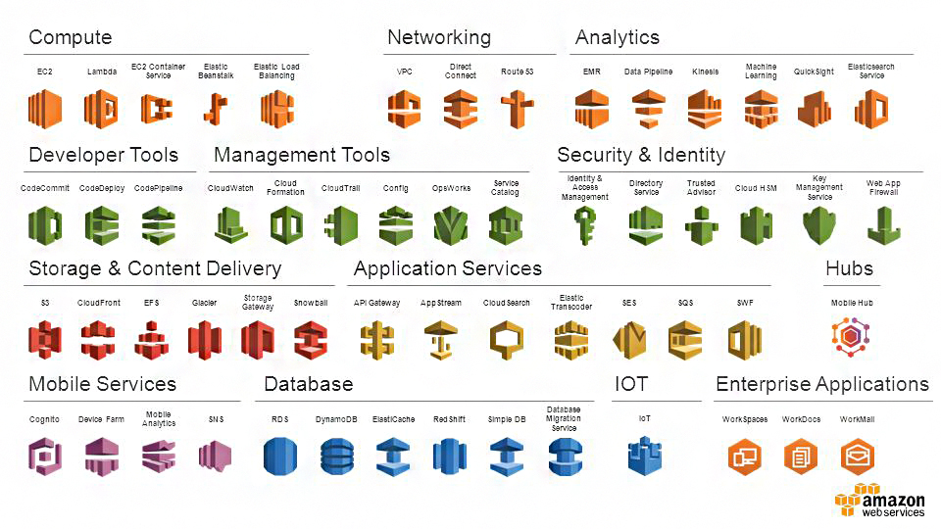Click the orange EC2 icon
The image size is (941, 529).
click(x=45, y=109)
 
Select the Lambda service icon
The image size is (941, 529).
click(x=101, y=109)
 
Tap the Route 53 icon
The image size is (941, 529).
click(x=517, y=109)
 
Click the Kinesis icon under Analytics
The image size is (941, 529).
click(x=704, y=109)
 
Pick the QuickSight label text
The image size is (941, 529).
click(x=814, y=72)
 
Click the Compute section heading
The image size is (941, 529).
click(x=70, y=38)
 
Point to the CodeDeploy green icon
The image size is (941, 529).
click(x=102, y=225)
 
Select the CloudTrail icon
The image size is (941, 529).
click(x=341, y=225)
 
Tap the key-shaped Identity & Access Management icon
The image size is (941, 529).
click(x=585, y=225)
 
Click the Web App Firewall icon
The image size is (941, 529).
click(x=883, y=225)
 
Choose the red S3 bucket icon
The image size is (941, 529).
click(x=45, y=340)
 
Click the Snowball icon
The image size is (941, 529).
click(x=311, y=340)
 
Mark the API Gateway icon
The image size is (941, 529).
click(x=376, y=340)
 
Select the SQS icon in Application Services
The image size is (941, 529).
click(x=684, y=340)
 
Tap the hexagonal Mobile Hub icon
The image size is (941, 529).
click(x=851, y=336)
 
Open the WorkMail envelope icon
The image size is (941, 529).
click(x=858, y=456)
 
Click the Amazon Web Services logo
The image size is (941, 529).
click(x=880, y=500)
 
